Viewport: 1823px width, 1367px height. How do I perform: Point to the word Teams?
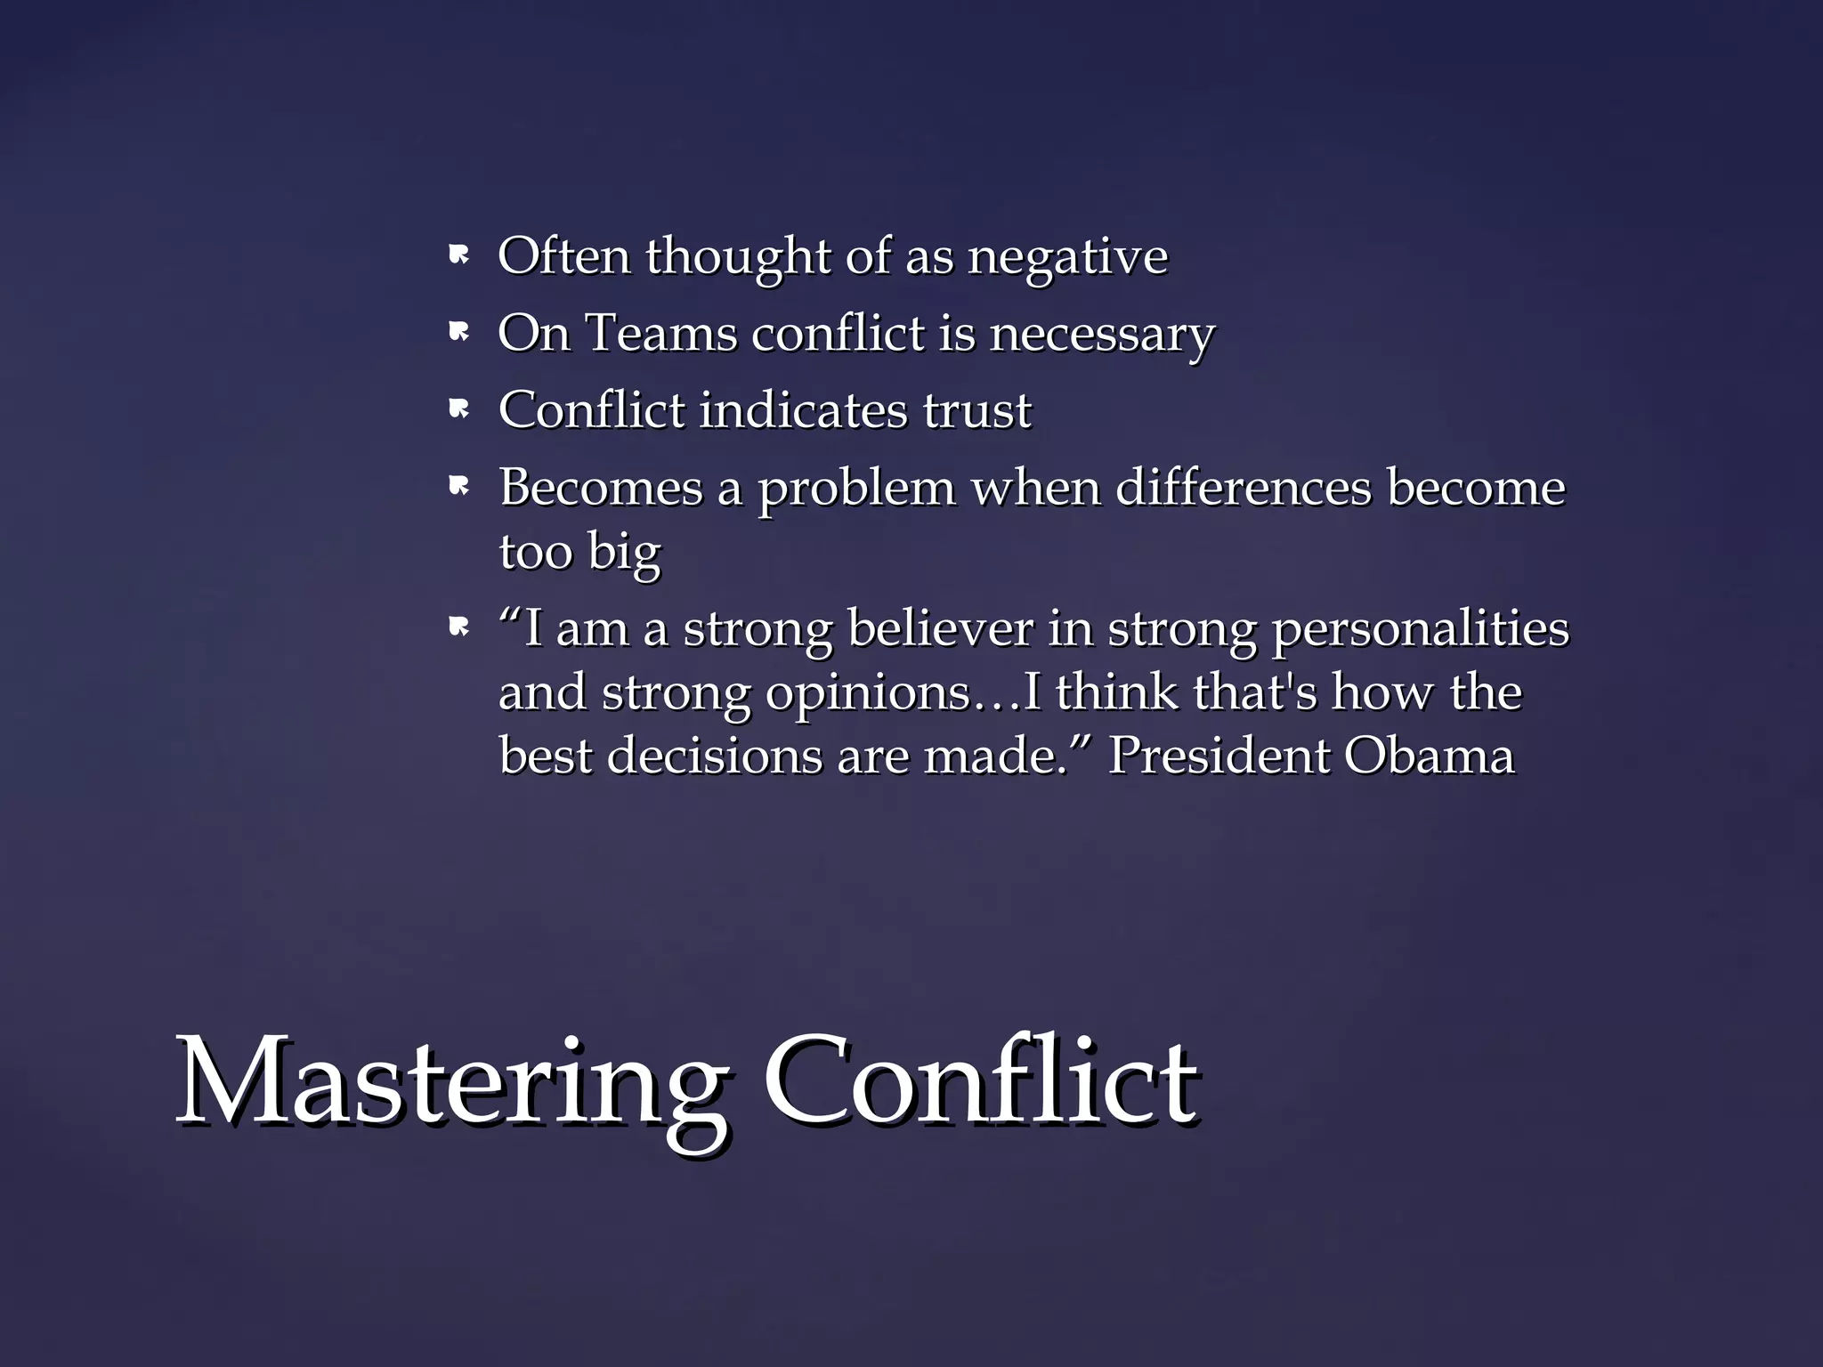click(x=661, y=334)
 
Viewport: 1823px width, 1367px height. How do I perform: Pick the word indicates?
click(x=803, y=410)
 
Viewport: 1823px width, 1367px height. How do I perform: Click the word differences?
click(x=1244, y=488)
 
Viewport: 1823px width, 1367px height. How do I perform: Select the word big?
click(x=624, y=553)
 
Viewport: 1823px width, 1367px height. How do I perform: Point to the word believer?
click(x=940, y=628)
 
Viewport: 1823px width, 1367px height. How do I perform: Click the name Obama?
click(x=1429, y=756)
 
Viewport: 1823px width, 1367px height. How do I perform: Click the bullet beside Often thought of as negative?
click(x=458, y=256)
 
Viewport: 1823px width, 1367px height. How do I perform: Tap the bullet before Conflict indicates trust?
click(x=458, y=409)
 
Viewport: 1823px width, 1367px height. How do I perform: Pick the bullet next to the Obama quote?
click(x=458, y=628)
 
